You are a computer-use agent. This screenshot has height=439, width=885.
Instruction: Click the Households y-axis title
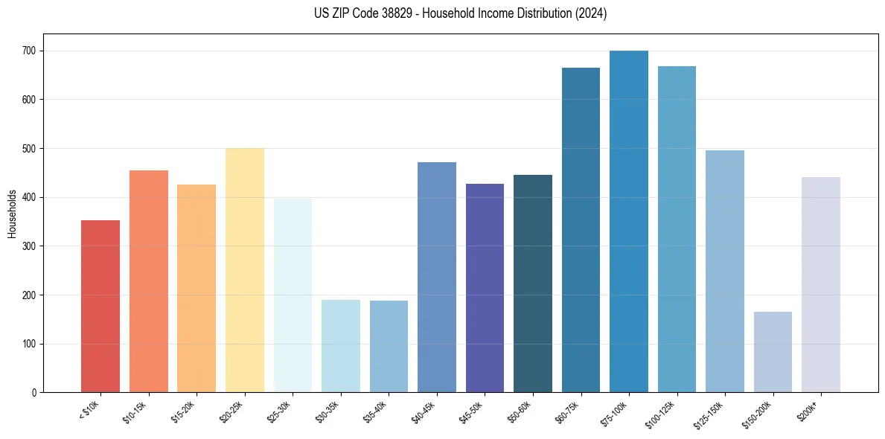[x=12, y=213]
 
